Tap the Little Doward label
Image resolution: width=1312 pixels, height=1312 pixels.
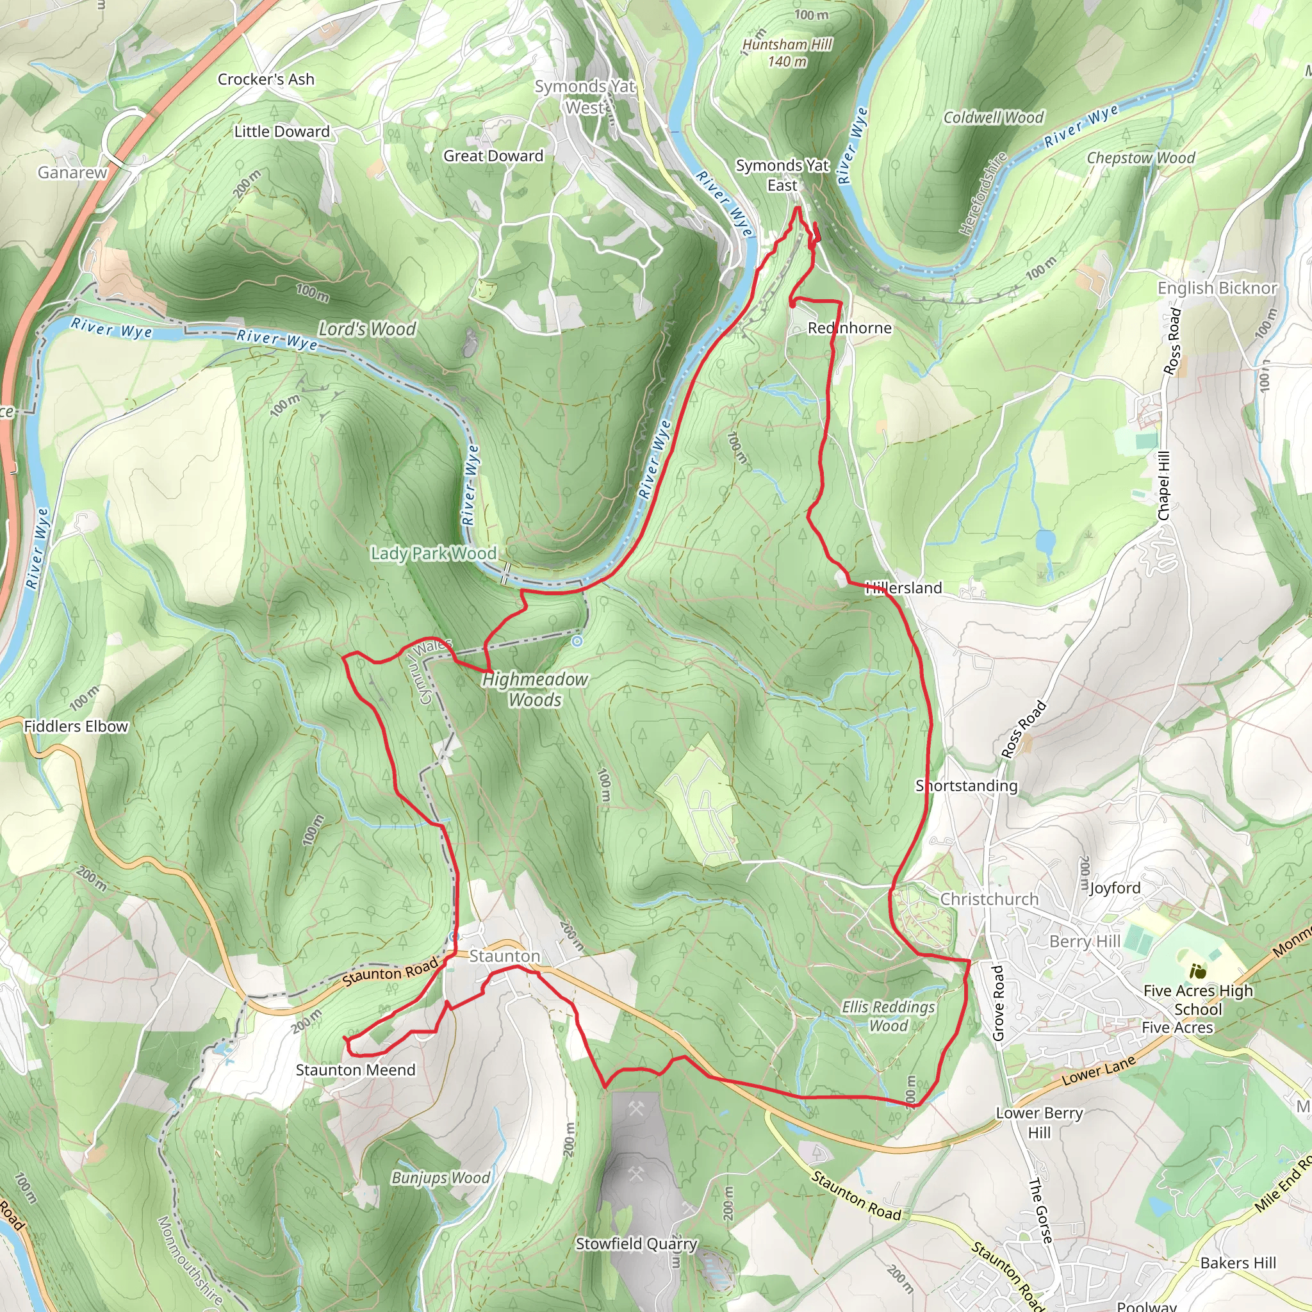pos(282,132)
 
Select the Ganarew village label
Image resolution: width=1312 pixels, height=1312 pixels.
pos(72,172)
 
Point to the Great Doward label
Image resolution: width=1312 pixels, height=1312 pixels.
pos(493,156)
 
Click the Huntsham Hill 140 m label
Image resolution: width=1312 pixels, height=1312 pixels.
pos(787,53)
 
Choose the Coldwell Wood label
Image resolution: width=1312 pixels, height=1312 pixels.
pos(993,117)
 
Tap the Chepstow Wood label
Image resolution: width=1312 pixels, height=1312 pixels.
pos(1140,158)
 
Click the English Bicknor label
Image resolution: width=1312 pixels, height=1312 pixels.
pos(1217,288)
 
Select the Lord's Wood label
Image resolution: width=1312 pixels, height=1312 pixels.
pos(367,329)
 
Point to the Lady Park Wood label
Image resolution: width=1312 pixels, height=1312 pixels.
pos(433,553)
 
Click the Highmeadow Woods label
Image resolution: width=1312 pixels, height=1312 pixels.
pos(535,689)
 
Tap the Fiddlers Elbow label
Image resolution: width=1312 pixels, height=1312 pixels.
pos(76,726)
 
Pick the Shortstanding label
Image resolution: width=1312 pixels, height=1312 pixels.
pos(966,785)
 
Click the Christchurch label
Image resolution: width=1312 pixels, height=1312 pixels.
pos(988,899)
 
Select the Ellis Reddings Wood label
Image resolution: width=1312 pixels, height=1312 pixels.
pos(889,1016)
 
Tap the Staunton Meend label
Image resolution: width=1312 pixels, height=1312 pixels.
pos(355,1070)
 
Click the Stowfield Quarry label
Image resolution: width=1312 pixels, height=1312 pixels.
pos(636,1243)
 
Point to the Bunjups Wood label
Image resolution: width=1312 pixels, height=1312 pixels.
pos(440,1177)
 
